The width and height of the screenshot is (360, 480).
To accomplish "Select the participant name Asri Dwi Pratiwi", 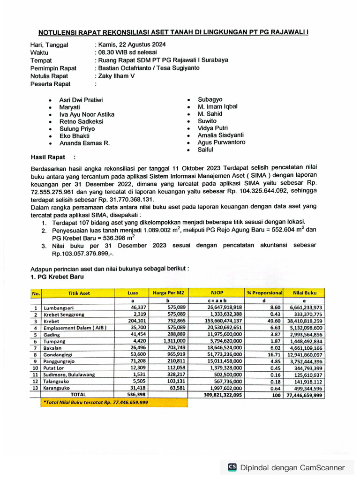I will click(81, 100).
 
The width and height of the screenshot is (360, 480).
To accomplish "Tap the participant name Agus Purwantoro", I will click(221, 142).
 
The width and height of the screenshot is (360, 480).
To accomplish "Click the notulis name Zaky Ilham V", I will click(116, 75).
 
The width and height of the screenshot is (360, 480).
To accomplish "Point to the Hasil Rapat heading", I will click(48, 157).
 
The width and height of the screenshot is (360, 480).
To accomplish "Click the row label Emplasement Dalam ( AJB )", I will click(69, 328).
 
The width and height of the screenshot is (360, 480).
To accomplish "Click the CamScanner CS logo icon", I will click(232, 467).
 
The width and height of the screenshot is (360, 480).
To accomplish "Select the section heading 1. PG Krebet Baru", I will click(58, 277).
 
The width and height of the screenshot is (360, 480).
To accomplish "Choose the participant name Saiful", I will click(205, 150).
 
